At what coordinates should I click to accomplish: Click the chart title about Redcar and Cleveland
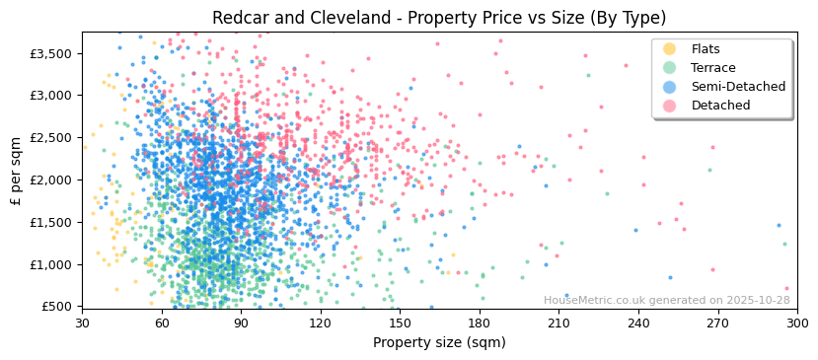(439, 18)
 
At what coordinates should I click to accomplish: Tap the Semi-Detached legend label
(738, 87)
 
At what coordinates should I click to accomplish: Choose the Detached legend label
(720, 106)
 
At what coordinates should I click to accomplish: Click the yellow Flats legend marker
(670, 49)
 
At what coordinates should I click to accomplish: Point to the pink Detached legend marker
(670, 106)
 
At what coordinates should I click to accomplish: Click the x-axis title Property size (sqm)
(439, 343)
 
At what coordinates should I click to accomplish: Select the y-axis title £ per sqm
(16, 171)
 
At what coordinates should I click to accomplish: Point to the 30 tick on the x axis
(82, 323)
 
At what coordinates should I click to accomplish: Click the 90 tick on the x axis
(241, 323)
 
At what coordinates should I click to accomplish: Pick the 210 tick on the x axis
(558, 323)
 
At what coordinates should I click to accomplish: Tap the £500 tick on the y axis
(57, 307)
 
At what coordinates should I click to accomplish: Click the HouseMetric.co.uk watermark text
(667, 301)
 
